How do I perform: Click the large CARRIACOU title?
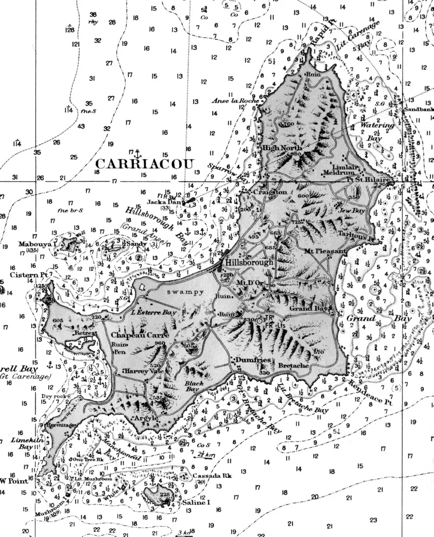coord(147,162)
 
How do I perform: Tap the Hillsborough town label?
coord(249,262)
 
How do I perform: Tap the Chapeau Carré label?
coord(131,335)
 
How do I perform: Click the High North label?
coord(282,148)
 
